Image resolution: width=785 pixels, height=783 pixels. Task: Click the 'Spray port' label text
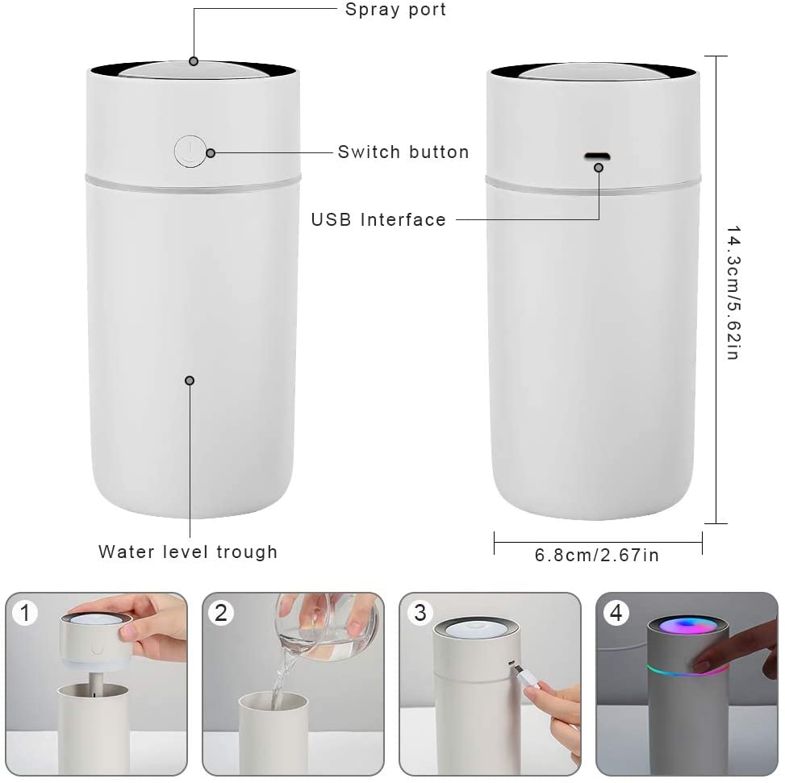click(x=395, y=10)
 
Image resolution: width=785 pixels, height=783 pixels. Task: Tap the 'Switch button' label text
click(x=403, y=152)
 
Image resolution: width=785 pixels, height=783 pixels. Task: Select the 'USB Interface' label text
click(x=378, y=219)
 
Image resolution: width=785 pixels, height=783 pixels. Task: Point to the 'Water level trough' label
click(x=188, y=552)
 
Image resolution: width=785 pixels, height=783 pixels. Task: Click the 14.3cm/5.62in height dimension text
click(x=733, y=293)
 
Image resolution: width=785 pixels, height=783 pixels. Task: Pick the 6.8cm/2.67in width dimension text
click(x=597, y=556)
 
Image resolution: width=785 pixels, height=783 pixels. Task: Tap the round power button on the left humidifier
click(x=190, y=151)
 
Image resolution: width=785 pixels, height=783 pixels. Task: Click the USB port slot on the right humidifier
click(x=597, y=156)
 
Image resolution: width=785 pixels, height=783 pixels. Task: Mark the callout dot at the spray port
click(x=194, y=61)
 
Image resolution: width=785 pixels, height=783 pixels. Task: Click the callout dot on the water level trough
click(x=190, y=381)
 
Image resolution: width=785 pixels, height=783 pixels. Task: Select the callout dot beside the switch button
click(x=211, y=152)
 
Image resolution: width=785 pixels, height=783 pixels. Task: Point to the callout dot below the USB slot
click(x=599, y=168)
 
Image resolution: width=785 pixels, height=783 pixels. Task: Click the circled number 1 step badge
click(x=25, y=613)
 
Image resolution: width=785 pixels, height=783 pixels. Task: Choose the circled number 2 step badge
click(x=221, y=613)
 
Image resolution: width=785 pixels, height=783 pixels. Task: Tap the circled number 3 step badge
click(x=420, y=613)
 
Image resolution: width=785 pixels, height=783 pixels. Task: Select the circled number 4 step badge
click(x=616, y=613)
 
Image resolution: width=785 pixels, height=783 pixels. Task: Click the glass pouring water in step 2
click(x=325, y=626)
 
